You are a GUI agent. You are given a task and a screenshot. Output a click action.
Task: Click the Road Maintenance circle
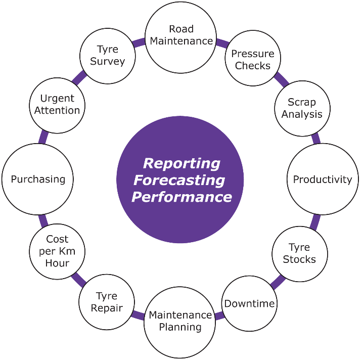pos(180,37)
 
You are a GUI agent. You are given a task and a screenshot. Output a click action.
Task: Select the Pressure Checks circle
pos(253,58)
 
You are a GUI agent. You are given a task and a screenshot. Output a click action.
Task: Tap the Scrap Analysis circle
pos(302,108)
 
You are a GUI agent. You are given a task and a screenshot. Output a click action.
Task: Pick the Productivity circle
pos(323,179)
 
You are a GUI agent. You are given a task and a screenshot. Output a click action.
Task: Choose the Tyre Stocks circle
pos(300,254)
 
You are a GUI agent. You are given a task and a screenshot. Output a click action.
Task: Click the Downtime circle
pos(249,303)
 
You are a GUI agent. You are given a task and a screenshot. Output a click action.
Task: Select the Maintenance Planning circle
pos(180,323)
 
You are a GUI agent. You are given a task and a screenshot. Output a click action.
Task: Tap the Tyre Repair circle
pos(107,302)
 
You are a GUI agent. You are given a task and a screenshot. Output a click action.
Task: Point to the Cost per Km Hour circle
pos(57,252)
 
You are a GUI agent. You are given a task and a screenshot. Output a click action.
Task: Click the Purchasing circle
pos(37,179)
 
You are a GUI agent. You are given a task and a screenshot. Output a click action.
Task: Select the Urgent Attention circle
pos(57,106)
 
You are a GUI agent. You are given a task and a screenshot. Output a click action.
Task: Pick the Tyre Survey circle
pos(108,56)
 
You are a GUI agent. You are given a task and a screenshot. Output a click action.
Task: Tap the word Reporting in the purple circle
pos(181,163)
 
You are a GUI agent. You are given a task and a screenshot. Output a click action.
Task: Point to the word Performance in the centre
pos(182,197)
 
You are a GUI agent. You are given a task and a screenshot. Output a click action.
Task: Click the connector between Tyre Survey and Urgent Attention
pos(79,78)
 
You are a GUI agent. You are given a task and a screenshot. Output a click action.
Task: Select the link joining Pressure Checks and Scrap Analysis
pos(282,79)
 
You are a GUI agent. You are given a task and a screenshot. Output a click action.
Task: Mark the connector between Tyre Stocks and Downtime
pos(278,282)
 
